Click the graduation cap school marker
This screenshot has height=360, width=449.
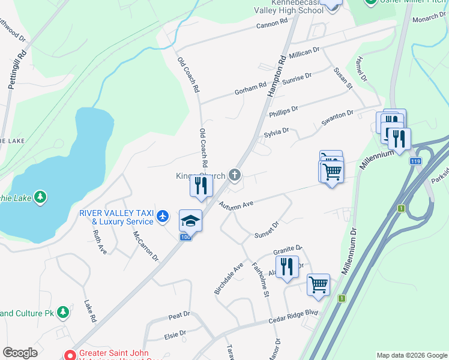(190, 221)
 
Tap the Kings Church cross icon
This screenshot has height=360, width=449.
(235, 175)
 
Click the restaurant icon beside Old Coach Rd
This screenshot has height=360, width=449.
(201, 186)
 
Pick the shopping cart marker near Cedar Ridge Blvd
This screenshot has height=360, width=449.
(318, 285)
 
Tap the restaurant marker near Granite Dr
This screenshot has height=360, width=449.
(287, 267)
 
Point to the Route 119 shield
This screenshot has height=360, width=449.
(415, 161)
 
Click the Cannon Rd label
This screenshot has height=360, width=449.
(273, 24)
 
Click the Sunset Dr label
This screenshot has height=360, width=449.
(267, 229)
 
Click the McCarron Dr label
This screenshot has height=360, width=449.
(145, 246)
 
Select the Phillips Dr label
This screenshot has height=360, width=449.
(283, 110)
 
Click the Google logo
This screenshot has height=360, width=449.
(20, 353)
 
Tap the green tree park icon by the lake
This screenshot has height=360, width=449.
(40, 197)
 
